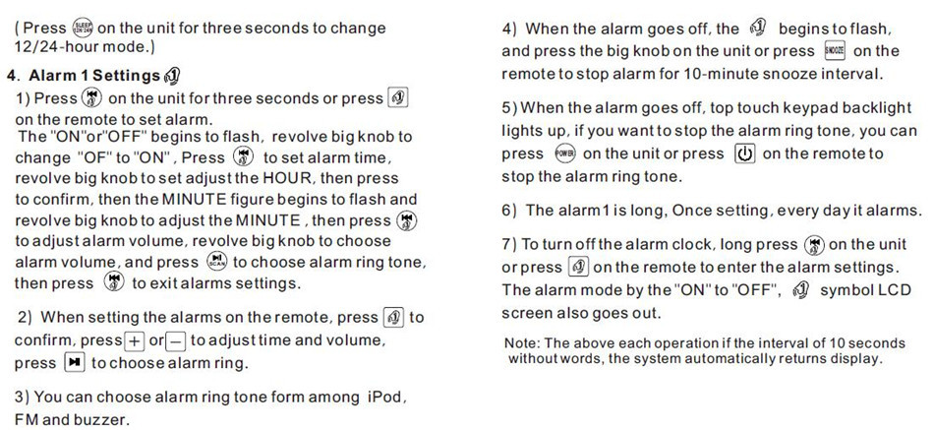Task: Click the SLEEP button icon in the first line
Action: (x=82, y=28)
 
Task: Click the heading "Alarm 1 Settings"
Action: (x=94, y=76)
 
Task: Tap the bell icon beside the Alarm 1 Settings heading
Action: (x=172, y=76)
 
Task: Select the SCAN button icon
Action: (x=216, y=261)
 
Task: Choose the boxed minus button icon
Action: (x=176, y=341)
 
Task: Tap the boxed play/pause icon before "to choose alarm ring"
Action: (x=75, y=363)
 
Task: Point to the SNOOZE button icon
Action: (x=835, y=51)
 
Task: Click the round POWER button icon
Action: (x=564, y=154)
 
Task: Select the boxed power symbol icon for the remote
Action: (x=745, y=154)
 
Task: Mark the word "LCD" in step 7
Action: (x=896, y=290)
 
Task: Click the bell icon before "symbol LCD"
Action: (x=801, y=290)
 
